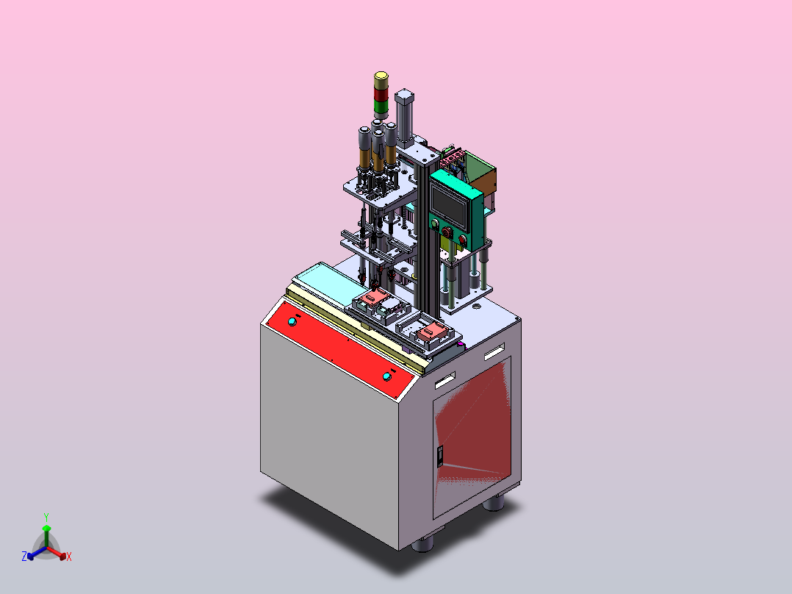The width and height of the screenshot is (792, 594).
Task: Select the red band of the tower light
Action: coord(381,95)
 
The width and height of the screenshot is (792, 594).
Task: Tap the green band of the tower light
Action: coord(381,107)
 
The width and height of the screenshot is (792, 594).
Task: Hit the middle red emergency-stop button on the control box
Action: coord(447,232)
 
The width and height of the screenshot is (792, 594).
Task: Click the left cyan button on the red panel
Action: coord(292,321)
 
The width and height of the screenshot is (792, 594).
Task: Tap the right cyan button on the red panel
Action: coord(387,376)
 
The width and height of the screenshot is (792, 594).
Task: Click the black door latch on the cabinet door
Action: coord(440,456)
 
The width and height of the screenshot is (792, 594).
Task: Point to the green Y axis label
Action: coord(46,518)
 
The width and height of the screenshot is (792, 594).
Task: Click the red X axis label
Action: coord(69,557)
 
